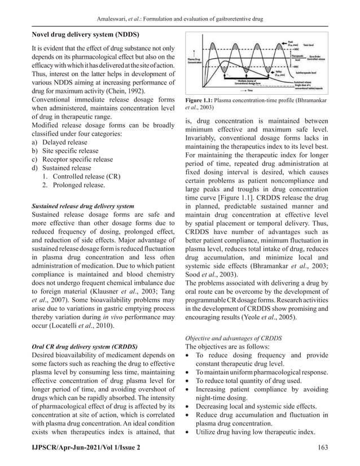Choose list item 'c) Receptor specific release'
(x=73, y=160)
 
